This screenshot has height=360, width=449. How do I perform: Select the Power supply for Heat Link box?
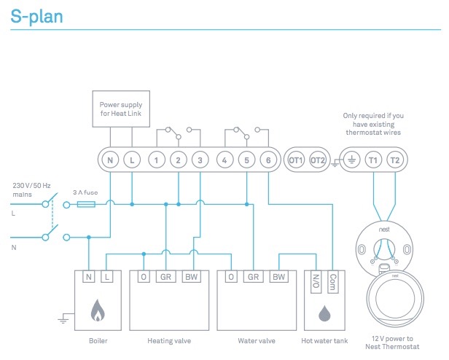pos(121,109)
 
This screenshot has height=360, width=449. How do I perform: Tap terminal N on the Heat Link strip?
pos(110,160)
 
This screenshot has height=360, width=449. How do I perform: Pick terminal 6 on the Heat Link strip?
pos(269,160)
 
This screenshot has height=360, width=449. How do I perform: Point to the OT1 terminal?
pos(296,160)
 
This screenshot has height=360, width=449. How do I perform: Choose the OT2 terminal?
pos(318,160)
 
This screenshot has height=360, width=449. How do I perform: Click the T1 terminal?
pos(372,160)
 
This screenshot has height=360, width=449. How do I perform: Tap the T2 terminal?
pos(394,160)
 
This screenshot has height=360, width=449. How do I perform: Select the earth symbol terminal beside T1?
pos(351,160)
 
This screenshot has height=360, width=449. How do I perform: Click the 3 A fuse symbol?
pos(85,205)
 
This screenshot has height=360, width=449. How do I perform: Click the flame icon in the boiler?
pos(98,311)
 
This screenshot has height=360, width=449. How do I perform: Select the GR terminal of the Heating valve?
pos(167,278)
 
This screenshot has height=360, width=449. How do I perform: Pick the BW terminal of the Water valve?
pos(278,278)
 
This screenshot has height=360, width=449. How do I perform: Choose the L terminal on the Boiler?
pos(107,278)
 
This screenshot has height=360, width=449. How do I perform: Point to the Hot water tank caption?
pos(325,340)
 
